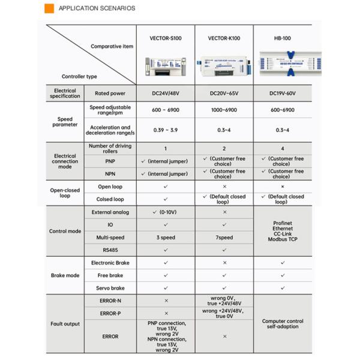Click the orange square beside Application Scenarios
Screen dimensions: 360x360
tap(49, 8)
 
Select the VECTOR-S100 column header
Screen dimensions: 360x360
tap(166, 38)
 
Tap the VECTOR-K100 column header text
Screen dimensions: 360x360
tap(224, 38)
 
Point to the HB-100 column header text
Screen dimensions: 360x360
tap(282, 38)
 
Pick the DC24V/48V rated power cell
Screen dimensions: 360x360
tap(166, 94)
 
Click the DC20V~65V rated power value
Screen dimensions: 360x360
tap(224, 94)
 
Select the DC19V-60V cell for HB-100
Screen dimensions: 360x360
tap(282, 94)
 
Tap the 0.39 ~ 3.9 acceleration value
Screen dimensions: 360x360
tap(166, 130)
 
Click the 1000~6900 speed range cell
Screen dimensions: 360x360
tap(224, 110)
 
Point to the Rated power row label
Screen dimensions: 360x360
tap(109, 94)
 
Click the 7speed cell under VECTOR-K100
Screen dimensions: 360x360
tap(224, 238)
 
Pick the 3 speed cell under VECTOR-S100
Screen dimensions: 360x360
tap(166, 238)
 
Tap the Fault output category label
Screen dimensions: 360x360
tap(65, 324)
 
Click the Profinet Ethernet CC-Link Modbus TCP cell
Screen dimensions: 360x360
tap(282, 231)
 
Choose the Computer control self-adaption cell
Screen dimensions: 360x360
tap(282, 324)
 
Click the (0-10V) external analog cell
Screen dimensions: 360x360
tap(166, 212)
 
